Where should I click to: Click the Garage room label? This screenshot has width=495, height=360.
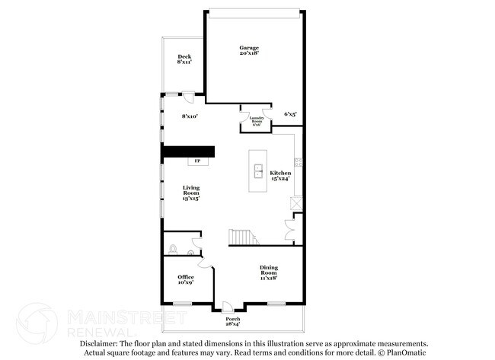coord(249,50)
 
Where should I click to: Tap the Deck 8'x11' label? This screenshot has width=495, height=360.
coord(184,59)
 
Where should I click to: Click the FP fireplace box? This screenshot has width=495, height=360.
coord(197,161)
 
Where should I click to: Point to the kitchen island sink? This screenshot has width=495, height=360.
coord(257,170)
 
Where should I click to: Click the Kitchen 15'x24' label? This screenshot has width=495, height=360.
coord(280,176)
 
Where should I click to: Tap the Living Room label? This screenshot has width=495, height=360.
coord(190,193)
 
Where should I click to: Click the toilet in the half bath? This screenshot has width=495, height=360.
coord(173,249)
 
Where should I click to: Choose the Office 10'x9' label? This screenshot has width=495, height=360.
coord(185,279)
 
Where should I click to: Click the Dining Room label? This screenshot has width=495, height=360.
coord(268,272)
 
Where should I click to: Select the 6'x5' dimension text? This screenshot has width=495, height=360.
coord(290,114)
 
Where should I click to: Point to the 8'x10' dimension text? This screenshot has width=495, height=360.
coord(190,116)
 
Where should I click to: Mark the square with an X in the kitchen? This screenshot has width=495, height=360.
coord(295,204)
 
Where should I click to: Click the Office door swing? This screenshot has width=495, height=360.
coord(203,263)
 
